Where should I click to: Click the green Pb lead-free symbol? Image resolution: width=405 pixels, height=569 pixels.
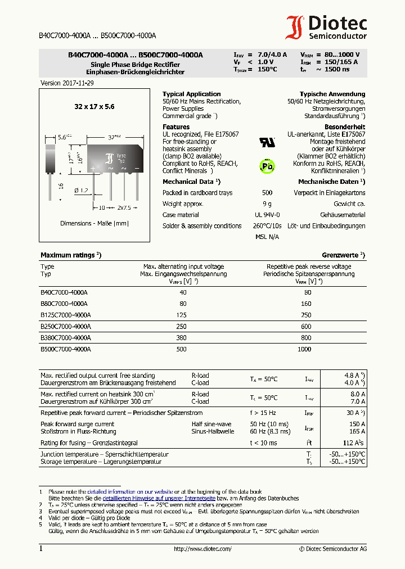(x=267, y=166)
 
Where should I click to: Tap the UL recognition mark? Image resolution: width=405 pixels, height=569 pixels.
(x=267, y=142)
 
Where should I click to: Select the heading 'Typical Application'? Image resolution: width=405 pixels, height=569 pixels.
(x=191, y=94)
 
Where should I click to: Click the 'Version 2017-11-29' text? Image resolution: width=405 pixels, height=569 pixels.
(x=68, y=83)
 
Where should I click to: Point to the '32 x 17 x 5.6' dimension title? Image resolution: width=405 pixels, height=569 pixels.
(x=94, y=106)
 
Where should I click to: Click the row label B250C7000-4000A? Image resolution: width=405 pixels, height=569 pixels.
(x=65, y=326)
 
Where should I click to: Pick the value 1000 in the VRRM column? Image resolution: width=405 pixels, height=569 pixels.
(x=304, y=349)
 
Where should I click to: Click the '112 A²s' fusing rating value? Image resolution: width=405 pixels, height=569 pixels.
(x=354, y=443)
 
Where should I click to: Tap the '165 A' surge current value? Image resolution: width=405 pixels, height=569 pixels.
(x=357, y=431)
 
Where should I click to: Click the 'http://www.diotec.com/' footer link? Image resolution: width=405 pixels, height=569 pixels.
(x=202, y=549)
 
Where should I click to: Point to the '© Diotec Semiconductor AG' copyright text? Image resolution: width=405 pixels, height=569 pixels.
(x=333, y=549)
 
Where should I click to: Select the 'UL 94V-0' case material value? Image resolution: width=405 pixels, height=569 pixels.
(x=267, y=215)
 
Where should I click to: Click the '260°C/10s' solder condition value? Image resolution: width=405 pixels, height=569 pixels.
(x=267, y=226)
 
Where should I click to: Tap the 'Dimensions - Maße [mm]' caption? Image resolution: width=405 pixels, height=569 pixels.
(x=94, y=223)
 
